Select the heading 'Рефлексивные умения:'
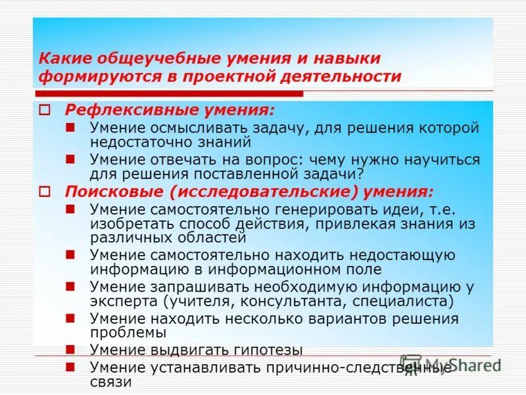point(170,109)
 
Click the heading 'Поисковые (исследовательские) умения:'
point(249,192)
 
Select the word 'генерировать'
point(324,209)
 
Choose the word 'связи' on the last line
point(110,382)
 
